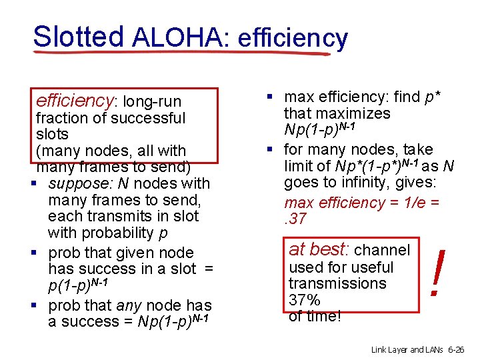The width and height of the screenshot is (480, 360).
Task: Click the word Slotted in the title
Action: pyautogui.click(x=78, y=37)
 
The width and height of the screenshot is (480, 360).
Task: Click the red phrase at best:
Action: pyautogui.click(x=319, y=249)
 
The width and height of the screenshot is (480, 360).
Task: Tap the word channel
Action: pyautogui.click(x=382, y=250)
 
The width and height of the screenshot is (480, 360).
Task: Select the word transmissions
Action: pyautogui.click(x=337, y=283)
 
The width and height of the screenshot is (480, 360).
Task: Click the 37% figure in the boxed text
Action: pyautogui.click(x=304, y=299)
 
